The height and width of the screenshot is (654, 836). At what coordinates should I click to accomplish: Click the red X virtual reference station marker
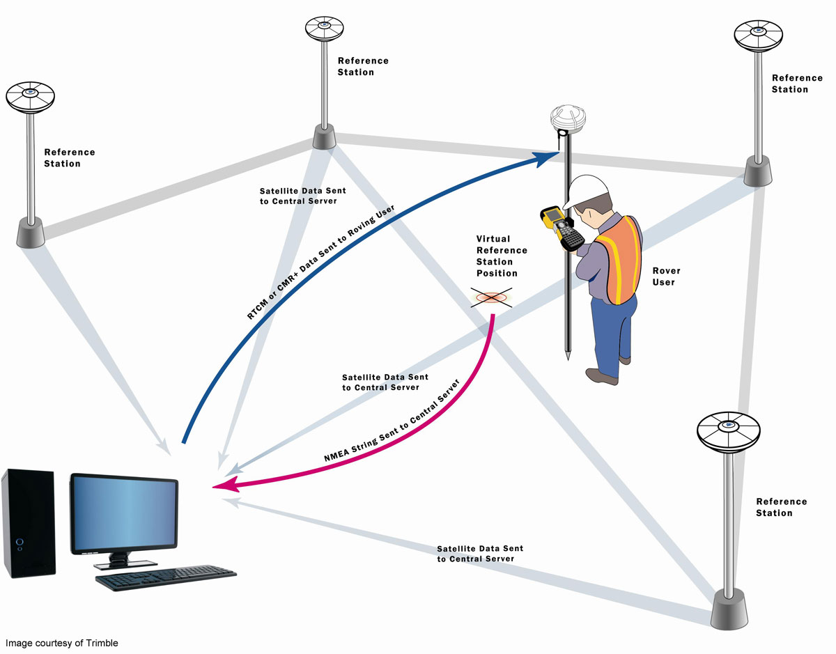click(x=492, y=298)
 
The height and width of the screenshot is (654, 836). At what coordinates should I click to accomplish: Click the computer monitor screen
click(x=123, y=512)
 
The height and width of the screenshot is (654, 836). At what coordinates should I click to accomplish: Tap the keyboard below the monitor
click(x=165, y=577)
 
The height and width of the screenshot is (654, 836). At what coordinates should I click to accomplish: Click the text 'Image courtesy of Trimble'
click(x=62, y=643)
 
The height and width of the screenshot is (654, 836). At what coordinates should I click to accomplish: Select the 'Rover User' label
click(x=666, y=277)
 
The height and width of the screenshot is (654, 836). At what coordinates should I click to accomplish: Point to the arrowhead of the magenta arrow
click(x=222, y=486)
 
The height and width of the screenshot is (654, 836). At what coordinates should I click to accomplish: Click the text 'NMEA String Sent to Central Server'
click(x=392, y=421)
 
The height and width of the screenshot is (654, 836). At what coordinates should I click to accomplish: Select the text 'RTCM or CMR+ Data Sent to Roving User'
click(x=320, y=263)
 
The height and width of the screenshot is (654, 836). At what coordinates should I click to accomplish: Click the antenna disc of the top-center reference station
click(x=324, y=29)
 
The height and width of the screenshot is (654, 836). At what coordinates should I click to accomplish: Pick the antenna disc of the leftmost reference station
click(x=30, y=97)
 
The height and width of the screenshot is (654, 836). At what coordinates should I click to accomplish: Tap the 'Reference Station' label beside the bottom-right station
click(x=781, y=507)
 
